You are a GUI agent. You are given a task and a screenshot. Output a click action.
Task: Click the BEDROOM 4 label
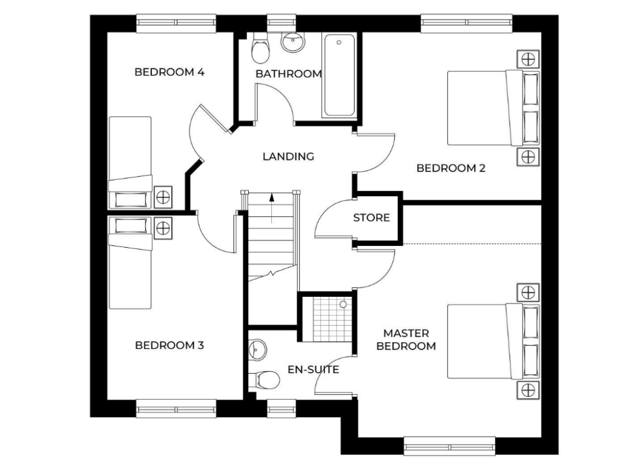point(169,73)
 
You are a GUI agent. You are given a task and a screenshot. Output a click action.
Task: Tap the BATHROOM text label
point(288,74)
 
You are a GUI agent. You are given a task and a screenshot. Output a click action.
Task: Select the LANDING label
point(288,156)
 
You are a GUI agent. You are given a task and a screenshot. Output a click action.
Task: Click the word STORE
point(371,217)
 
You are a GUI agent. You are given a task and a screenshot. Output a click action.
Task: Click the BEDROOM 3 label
point(169,345)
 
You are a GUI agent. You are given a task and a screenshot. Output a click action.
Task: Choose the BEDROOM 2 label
point(451,168)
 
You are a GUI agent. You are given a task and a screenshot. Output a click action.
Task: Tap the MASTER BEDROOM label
point(406,340)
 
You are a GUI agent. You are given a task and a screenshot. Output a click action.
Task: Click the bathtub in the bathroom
point(339,76)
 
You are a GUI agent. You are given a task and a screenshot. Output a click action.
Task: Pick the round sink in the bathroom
point(293,42)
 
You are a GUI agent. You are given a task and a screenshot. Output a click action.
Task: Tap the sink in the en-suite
point(257,349)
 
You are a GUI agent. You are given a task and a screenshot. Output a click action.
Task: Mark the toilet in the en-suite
point(265,380)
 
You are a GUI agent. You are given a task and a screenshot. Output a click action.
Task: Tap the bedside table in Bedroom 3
point(162,228)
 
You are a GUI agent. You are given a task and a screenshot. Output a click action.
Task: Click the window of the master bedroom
point(449,446)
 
